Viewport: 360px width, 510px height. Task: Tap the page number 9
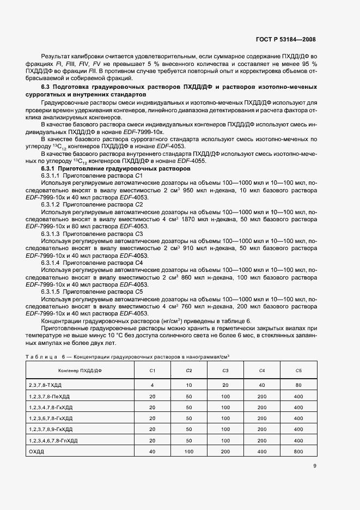[315, 465]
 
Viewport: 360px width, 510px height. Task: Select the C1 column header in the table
[152, 371]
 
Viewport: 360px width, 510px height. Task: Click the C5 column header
[298, 371]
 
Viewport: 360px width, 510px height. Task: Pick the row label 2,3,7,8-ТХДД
[45, 385]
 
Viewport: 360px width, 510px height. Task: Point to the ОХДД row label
[37, 452]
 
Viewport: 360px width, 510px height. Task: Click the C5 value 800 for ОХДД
[298, 452]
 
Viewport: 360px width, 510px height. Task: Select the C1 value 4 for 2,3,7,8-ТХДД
[152, 385]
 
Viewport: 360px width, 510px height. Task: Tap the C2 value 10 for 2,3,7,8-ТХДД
[189, 385]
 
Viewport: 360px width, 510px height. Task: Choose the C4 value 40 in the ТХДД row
[262, 385]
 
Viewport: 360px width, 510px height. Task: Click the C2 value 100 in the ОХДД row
[189, 452]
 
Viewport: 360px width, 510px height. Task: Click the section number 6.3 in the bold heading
[46, 87]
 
